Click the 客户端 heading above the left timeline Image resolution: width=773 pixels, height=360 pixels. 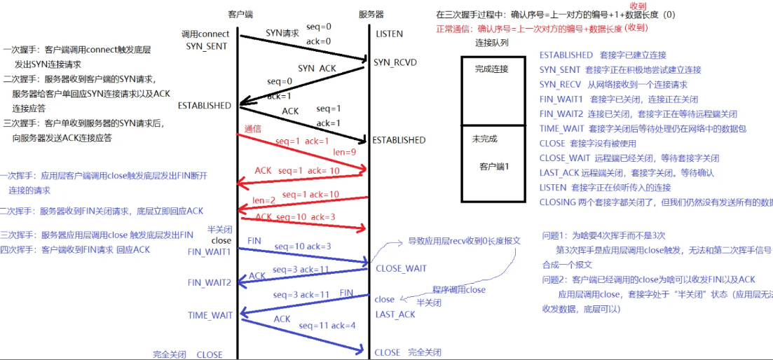[x=240, y=14]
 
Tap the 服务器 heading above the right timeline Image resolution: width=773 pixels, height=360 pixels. [x=371, y=14]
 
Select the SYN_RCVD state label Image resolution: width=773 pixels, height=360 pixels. [x=395, y=63]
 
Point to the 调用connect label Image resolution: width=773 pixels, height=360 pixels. [x=205, y=34]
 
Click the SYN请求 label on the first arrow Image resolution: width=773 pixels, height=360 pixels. [x=282, y=33]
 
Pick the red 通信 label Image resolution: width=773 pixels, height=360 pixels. [x=253, y=129]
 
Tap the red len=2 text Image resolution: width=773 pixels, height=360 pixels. [x=264, y=200]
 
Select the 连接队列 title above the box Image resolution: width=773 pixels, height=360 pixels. [x=492, y=43]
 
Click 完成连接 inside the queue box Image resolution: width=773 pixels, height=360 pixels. [x=491, y=69]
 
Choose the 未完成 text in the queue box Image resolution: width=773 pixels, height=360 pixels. [x=484, y=139]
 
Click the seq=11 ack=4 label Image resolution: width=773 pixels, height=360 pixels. [x=326, y=326]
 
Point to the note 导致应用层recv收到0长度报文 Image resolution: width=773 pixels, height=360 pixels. [x=465, y=240]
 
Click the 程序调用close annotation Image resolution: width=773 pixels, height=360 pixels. [x=458, y=289]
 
